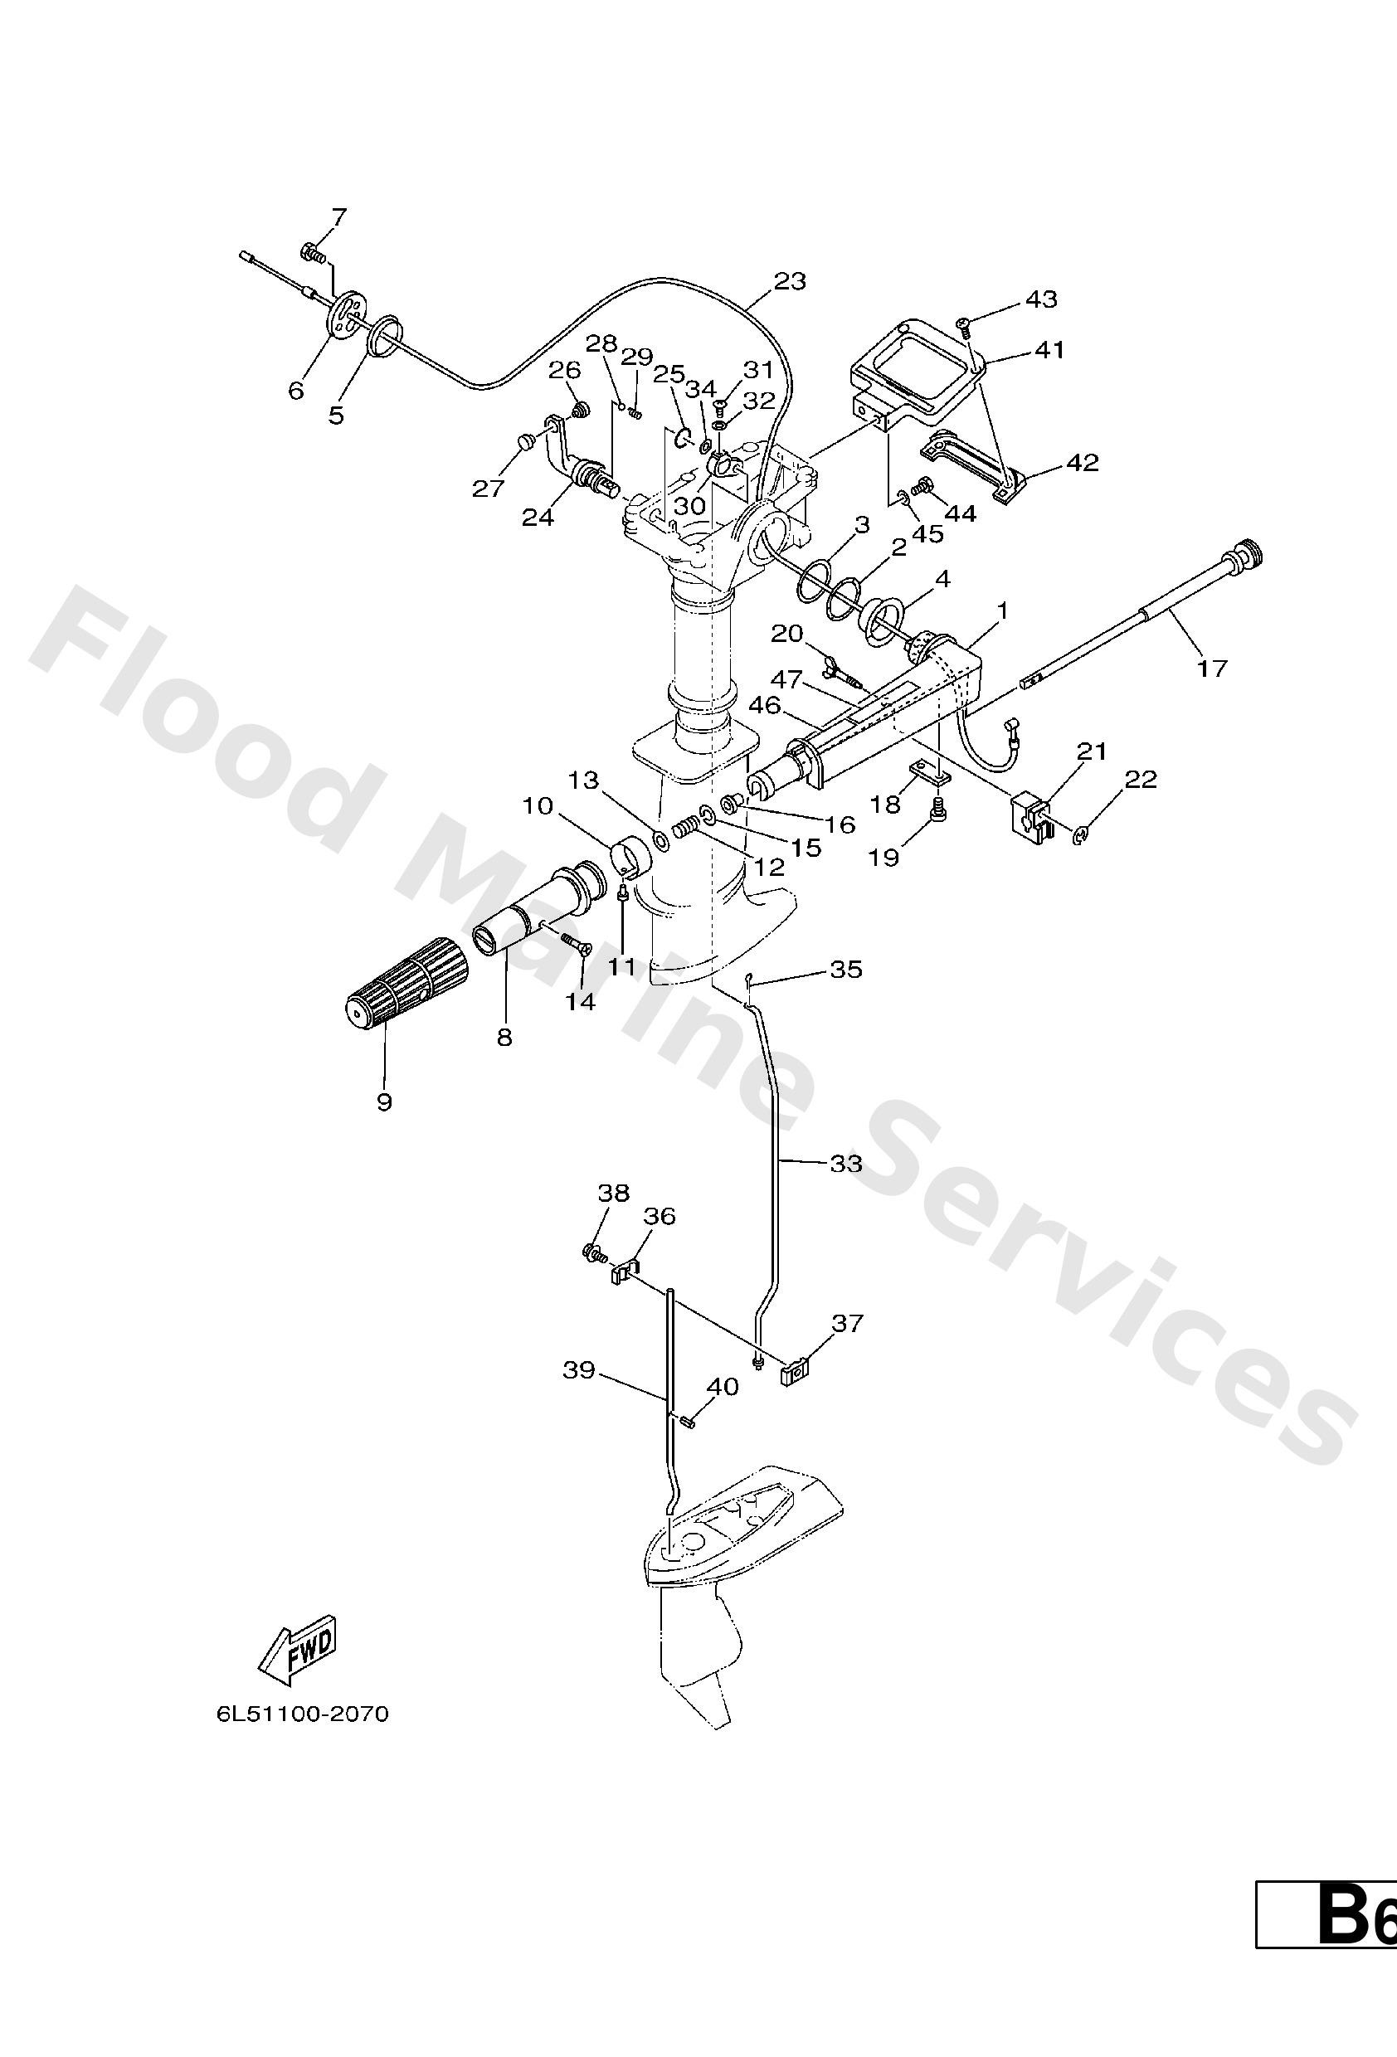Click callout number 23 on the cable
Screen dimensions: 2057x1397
click(790, 281)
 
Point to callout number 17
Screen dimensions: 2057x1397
click(1212, 669)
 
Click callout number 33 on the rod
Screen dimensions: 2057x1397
click(845, 1163)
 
